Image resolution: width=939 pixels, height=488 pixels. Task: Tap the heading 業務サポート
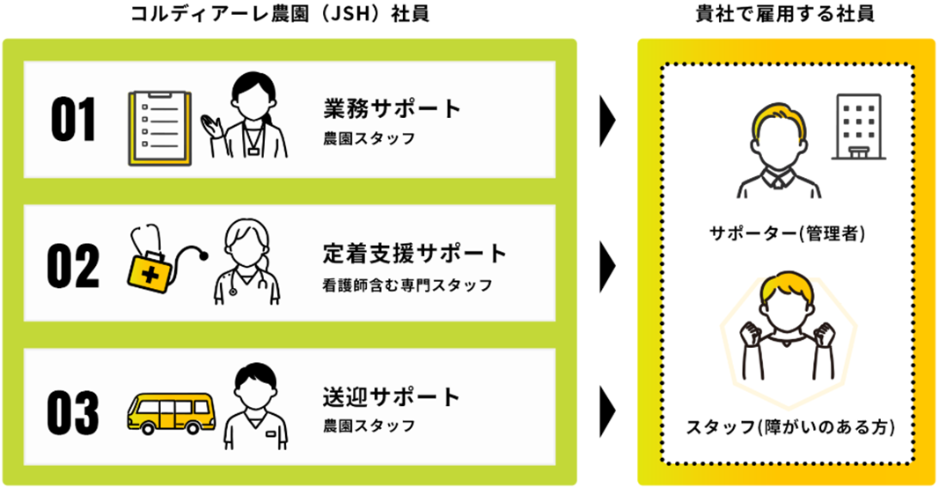point(391,109)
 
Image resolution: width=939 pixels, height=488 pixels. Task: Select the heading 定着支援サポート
point(414,254)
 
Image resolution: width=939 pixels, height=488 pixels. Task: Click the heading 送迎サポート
point(391,397)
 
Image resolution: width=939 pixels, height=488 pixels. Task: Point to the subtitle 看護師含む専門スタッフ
point(407,285)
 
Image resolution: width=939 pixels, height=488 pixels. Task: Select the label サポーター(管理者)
point(786,234)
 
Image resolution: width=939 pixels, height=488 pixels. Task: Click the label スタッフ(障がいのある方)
point(789,429)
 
